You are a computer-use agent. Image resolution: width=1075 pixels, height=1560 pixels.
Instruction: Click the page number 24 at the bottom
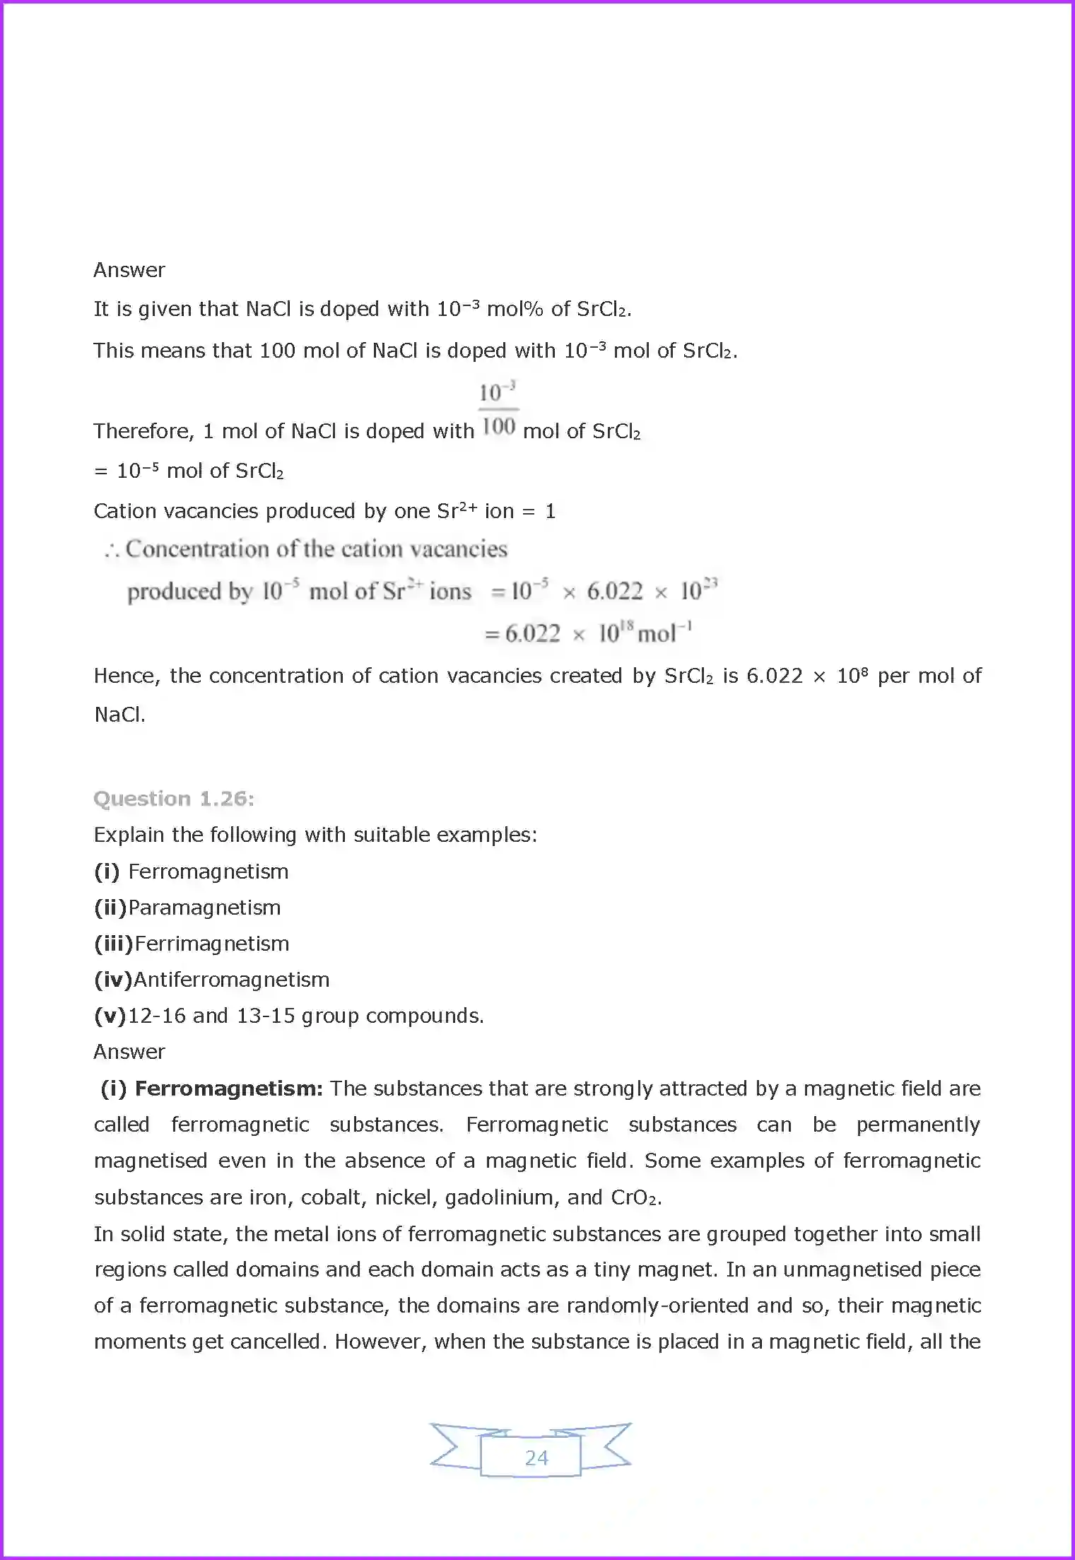pyautogui.click(x=536, y=1458)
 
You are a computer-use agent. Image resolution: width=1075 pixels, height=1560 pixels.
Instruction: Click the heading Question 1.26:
pyautogui.click(x=174, y=799)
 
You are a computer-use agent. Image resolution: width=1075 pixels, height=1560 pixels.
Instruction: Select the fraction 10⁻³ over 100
pyautogui.click(x=498, y=409)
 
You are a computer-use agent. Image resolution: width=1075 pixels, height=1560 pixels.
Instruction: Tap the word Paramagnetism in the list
pyautogui.click(x=204, y=908)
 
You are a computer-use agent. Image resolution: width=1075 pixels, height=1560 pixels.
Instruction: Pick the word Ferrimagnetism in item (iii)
pyautogui.click(x=211, y=944)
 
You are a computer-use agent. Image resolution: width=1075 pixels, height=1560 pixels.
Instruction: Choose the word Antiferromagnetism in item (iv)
pyautogui.click(x=231, y=980)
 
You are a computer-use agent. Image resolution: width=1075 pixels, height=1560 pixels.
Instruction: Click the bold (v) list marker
pyautogui.click(x=110, y=1016)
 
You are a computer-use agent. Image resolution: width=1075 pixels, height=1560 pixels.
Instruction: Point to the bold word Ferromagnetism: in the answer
pyautogui.click(x=228, y=1089)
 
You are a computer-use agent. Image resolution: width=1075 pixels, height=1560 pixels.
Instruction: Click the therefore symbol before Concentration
pyautogui.click(x=112, y=550)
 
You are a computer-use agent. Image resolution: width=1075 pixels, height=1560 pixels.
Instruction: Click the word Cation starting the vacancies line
pyautogui.click(x=124, y=511)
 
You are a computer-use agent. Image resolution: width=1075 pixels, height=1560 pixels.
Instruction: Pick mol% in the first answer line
pyautogui.click(x=515, y=309)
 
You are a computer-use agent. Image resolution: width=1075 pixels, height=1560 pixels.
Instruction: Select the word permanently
pyautogui.click(x=917, y=1125)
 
